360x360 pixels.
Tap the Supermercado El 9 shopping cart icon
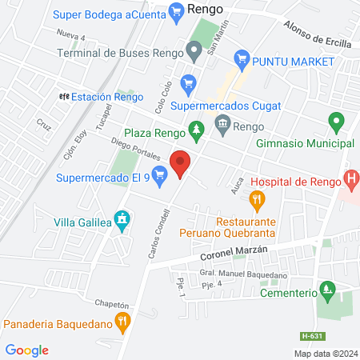point(160,177)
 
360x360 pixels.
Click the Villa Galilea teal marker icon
point(122,218)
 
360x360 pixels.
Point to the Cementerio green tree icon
point(326,288)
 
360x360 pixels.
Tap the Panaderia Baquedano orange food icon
point(122,323)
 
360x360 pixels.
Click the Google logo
point(27,350)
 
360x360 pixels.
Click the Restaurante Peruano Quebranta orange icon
point(256,199)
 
